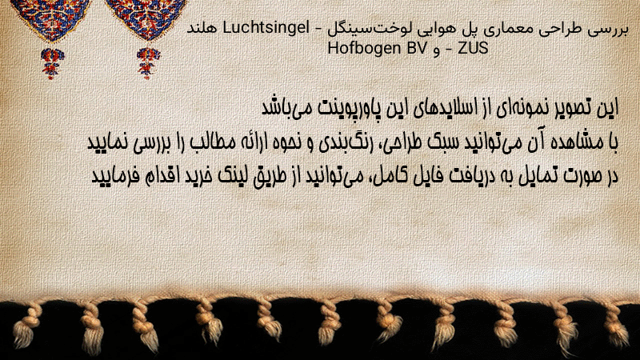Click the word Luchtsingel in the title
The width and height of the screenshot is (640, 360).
[266, 29]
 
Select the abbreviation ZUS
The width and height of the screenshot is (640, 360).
[473, 48]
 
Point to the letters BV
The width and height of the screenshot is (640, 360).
[416, 48]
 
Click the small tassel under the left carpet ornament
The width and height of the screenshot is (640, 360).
[52, 63]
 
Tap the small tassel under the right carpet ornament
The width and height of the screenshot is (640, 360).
[148, 63]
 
